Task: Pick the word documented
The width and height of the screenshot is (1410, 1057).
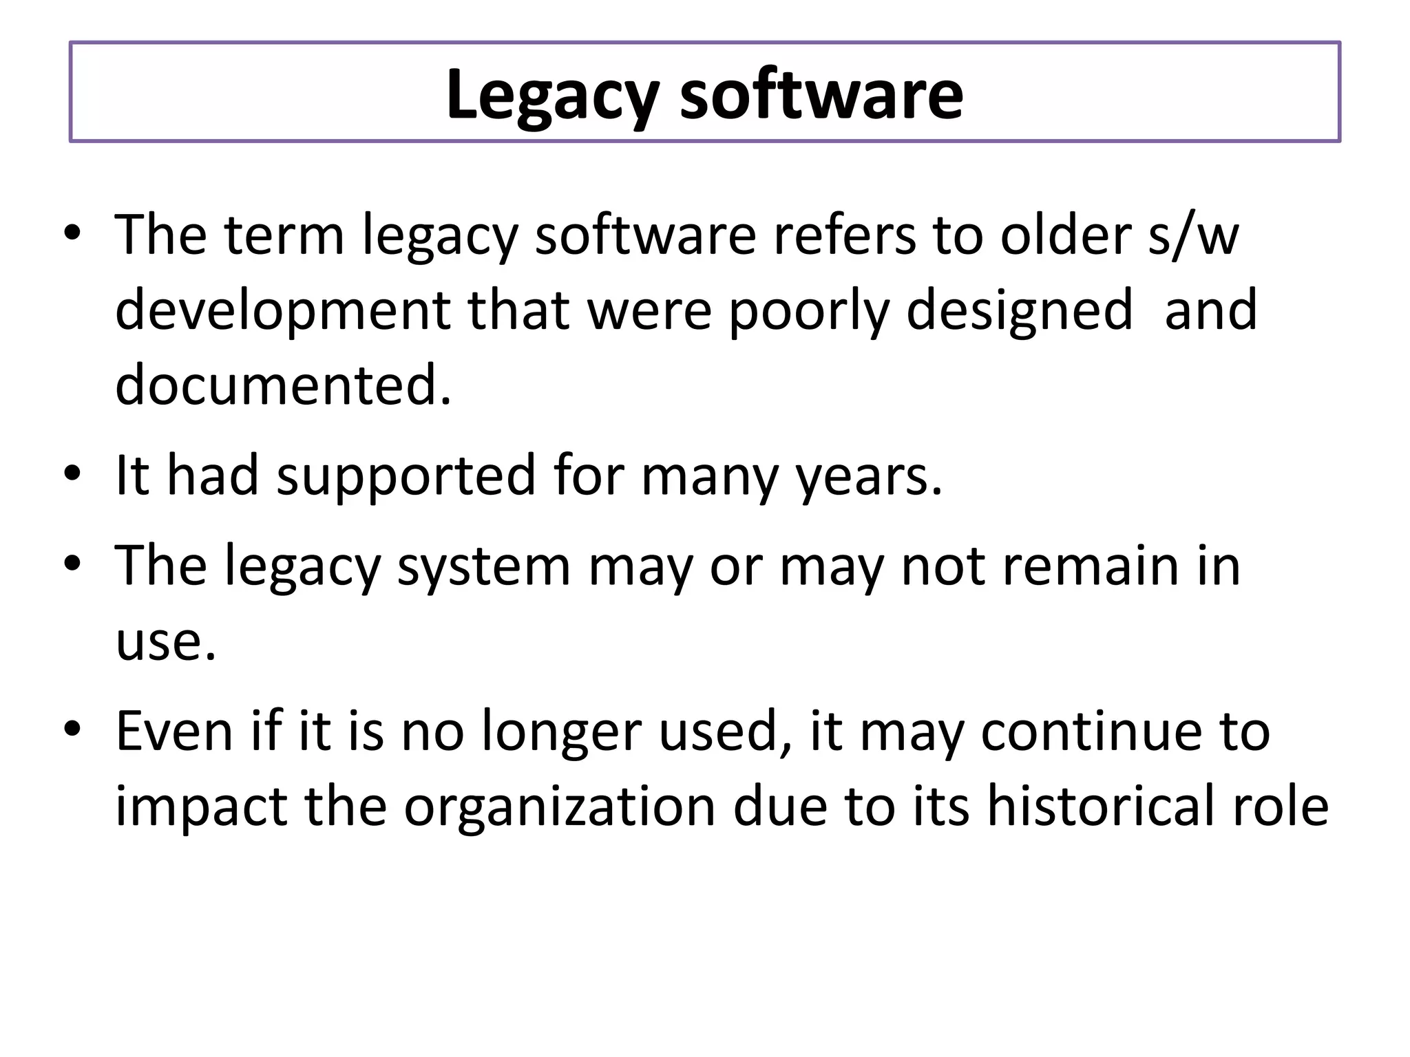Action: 283,385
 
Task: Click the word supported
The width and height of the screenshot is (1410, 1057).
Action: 406,476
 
